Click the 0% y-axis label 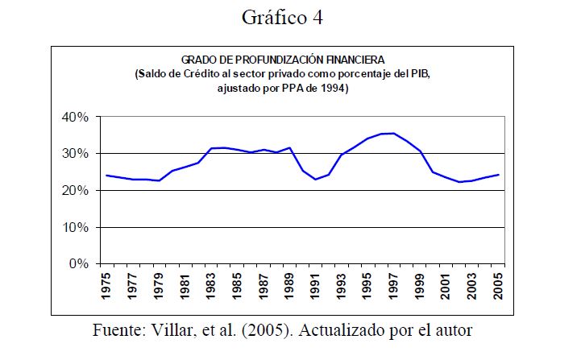(80, 264)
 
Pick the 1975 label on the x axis (106, 286)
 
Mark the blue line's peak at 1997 (393, 133)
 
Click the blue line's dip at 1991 (315, 179)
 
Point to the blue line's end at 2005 (500, 174)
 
